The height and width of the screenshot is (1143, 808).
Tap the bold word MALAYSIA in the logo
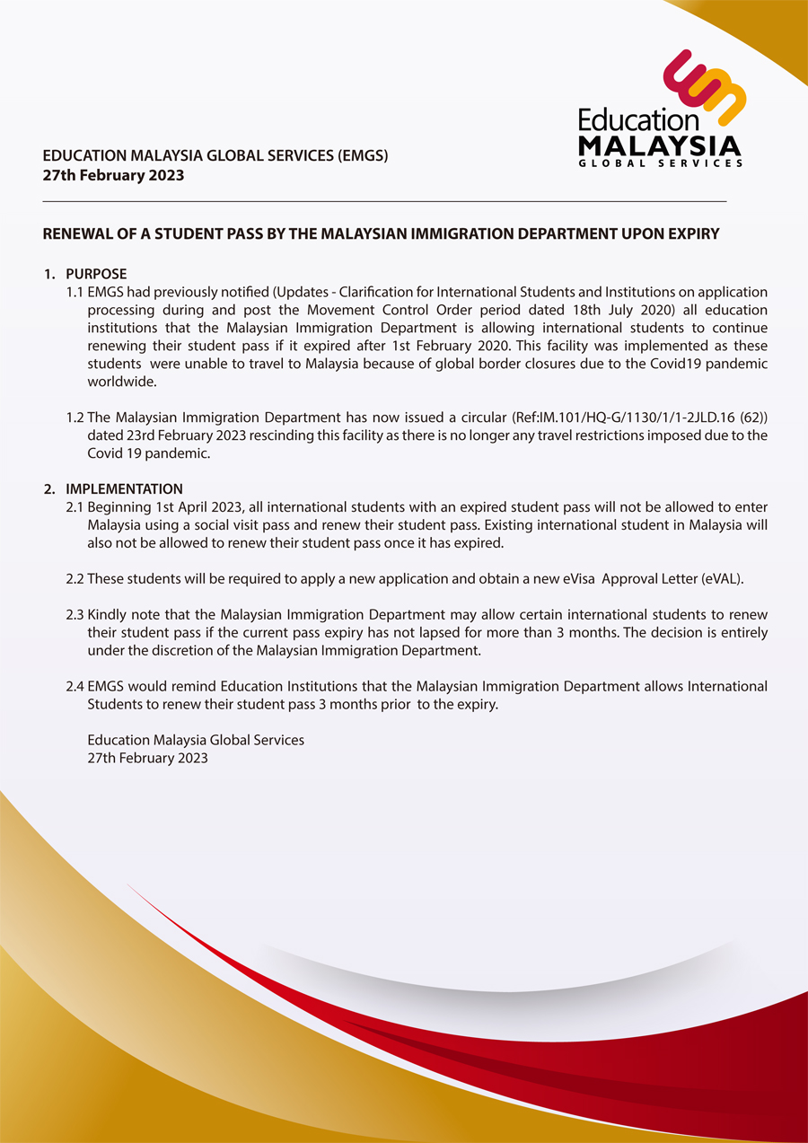(x=660, y=145)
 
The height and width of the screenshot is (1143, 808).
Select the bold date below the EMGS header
(x=113, y=175)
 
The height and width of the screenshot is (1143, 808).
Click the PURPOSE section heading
(x=96, y=274)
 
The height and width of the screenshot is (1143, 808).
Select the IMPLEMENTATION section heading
(x=124, y=489)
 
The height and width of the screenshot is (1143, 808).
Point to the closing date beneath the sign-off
(x=147, y=759)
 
